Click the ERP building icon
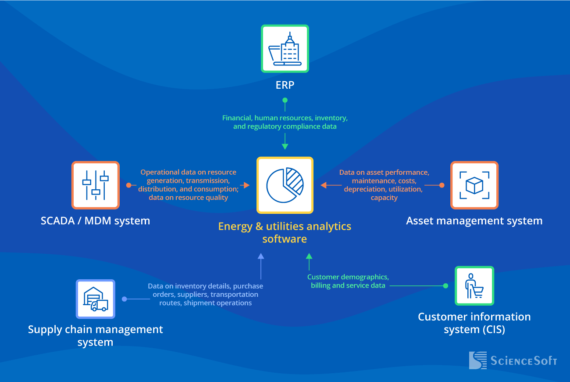point(285,48)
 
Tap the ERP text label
point(285,85)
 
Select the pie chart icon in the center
point(285,185)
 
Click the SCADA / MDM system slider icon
point(96,185)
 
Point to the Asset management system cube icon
point(474,185)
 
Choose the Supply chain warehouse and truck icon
point(96,299)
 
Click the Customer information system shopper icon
point(474,286)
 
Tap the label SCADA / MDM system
point(95,221)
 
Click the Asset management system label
point(474,221)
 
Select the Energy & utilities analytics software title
point(285,233)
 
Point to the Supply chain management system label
point(95,336)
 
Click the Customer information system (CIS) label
point(474,323)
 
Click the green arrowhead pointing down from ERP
point(285,147)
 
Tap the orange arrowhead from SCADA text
point(246,185)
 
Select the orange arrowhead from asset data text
point(324,185)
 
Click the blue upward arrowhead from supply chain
point(261,256)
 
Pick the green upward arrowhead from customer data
point(309,256)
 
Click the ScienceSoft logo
point(513,360)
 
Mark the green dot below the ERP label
point(285,100)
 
